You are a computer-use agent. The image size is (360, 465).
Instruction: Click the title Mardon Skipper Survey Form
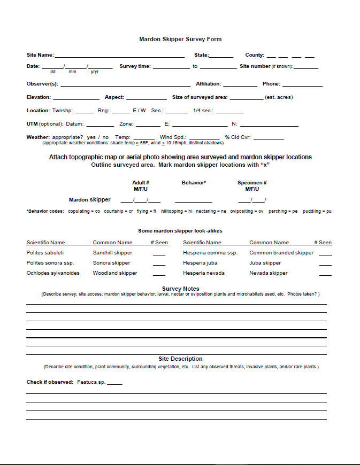point(180,39)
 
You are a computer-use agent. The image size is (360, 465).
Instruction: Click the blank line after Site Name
point(120,56)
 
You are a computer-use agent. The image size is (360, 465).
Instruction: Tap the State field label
point(201,55)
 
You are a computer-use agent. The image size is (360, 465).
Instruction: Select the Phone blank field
point(302,84)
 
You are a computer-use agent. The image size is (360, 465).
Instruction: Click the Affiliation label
point(208,84)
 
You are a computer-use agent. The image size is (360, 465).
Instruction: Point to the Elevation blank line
point(76,98)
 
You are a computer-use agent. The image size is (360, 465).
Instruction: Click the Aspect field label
point(114,97)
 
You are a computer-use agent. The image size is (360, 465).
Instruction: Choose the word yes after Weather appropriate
point(91,137)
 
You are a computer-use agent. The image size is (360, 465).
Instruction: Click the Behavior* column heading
point(194,183)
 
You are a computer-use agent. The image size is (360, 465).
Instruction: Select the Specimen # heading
point(252,183)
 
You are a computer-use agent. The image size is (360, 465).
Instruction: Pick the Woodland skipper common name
point(114,273)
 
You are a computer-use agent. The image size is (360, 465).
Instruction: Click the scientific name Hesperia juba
point(201,263)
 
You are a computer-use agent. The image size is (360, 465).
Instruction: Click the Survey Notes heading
point(180,289)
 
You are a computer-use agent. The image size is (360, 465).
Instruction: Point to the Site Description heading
point(180,359)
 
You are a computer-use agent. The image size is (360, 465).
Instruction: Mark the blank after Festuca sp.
point(114,383)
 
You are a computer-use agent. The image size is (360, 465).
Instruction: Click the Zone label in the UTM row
point(126,124)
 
